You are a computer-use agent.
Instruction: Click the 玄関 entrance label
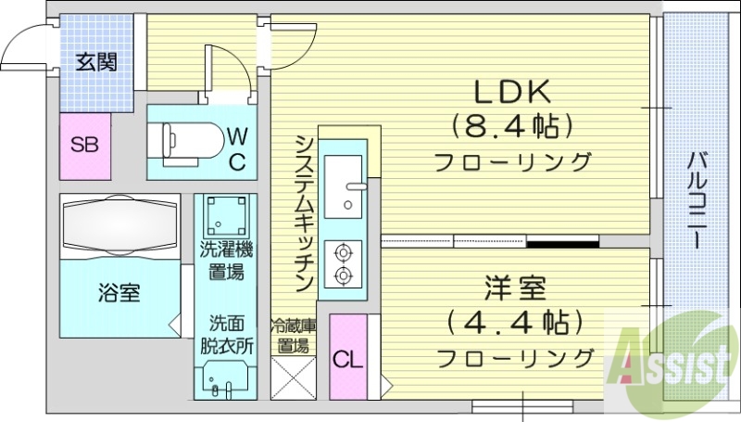[x=95, y=63]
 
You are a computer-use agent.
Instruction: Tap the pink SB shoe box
[x=85, y=147]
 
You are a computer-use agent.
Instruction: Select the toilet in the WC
[x=189, y=139]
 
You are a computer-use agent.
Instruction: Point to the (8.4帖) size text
[x=512, y=124]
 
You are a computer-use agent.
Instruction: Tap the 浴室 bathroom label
[x=119, y=294]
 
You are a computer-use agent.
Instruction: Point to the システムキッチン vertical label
[x=302, y=212]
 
